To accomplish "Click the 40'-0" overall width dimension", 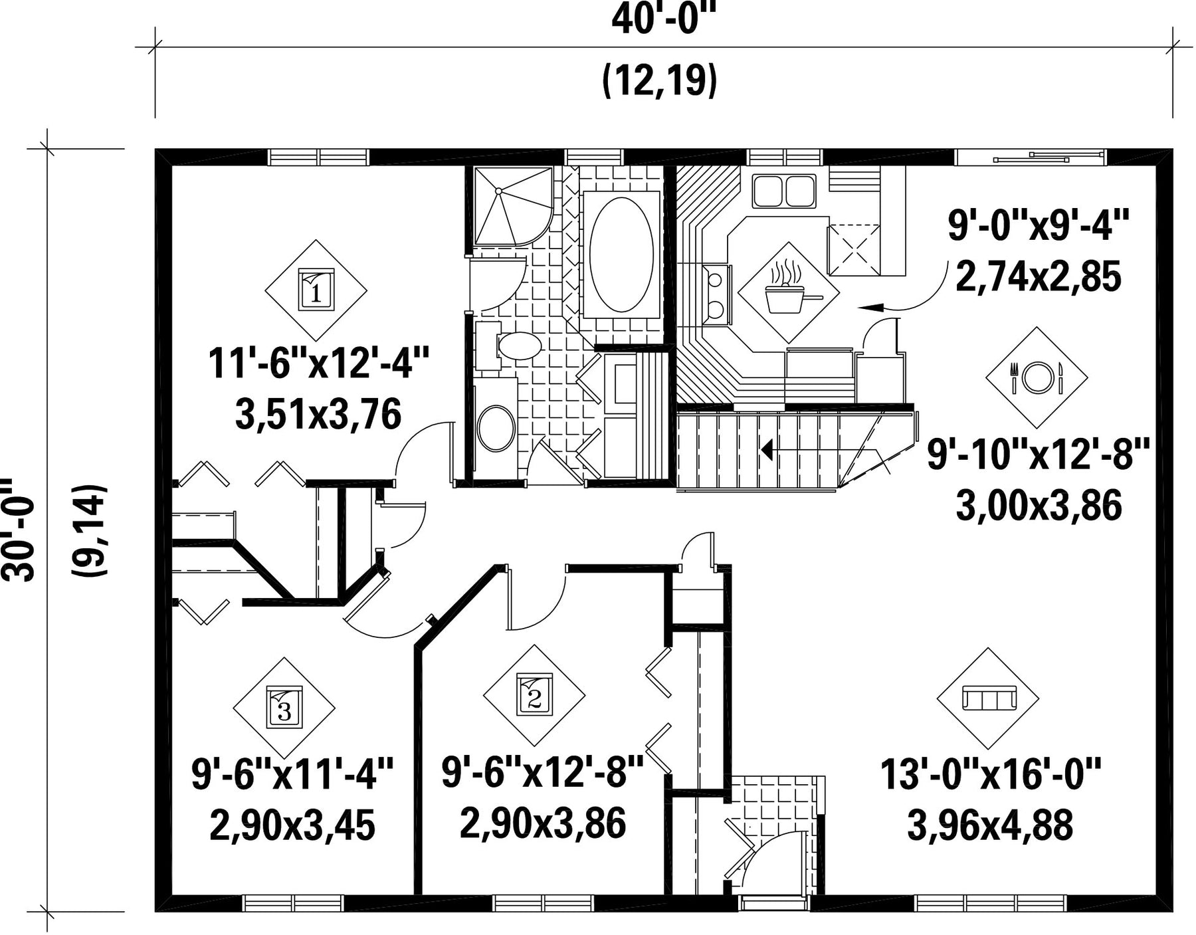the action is (x=664, y=20).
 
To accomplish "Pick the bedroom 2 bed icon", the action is (x=534, y=695).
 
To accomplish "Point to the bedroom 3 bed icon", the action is (x=284, y=708).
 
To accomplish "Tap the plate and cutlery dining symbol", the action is (x=1036, y=377).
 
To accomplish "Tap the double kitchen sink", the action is (x=784, y=191).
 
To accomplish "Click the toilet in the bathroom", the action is (x=512, y=346).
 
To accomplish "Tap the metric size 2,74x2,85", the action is (x=1038, y=276).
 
